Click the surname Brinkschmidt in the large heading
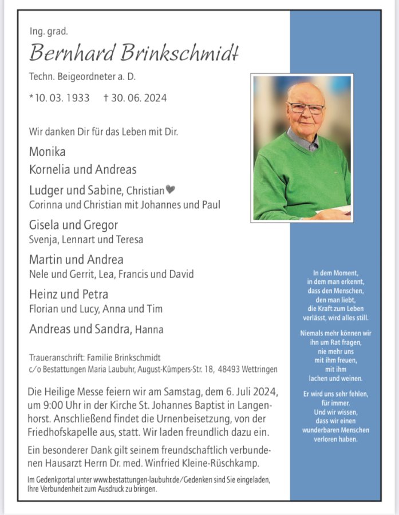click(x=179, y=53)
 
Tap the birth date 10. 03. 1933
click(x=62, y=98)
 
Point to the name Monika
click(x=47, y=152)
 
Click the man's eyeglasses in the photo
click(x=306, y=108)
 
